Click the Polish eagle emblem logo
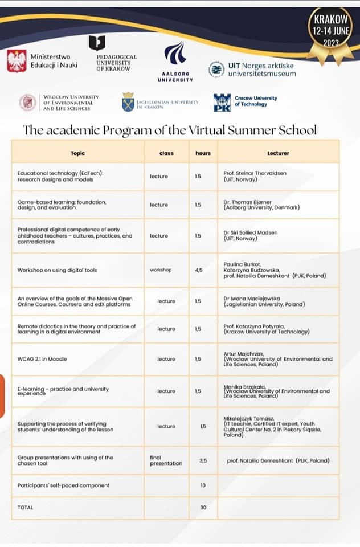(x=17, y=61)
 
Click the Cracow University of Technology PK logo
(x=222, y=103)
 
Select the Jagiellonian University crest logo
(x=128, y=102)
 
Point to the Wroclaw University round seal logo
(x=27, y=103)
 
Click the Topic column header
(x=77, y=153)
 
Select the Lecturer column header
(x=278, y=153)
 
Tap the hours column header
(x=203, y=153)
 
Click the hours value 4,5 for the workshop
(x=198, y=270)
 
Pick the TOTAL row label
(x=26, y=507)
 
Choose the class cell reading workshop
(x=161, y=270)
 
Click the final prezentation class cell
(x=166, y=460)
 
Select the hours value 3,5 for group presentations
(x=203, y=460)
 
